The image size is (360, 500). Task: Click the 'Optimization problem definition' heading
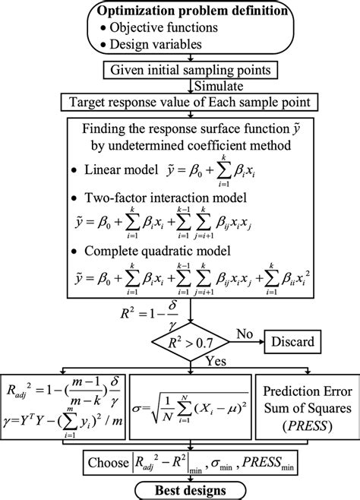tap(192, 11)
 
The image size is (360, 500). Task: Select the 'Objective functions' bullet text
tap(164, 27)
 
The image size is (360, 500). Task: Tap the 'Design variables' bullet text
tap(156, 44)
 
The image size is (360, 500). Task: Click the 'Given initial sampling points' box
tap(190, 70)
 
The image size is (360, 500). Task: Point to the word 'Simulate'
tap(219, 86)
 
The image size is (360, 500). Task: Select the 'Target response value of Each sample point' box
tap(190, 103)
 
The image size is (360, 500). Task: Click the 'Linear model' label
tap(121, 169)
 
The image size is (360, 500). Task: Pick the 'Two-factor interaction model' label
tap(166, 198)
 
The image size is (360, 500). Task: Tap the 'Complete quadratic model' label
tap(157, 251)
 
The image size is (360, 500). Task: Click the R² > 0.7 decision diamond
tap(191, 342)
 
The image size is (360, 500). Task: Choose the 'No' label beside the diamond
tap(245, 334)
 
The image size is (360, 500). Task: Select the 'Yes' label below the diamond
tap(216, 361)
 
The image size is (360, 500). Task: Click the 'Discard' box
tap(292, 341)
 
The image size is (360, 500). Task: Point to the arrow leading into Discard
tap(247, 342)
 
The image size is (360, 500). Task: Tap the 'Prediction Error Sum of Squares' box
tap(308, 407)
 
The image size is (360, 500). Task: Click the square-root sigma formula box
tap(191, 407)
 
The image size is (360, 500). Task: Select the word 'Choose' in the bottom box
tap(108, 463)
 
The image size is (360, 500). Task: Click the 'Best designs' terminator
tap(191, 490)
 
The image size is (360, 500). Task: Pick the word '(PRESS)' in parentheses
tap(308, 426)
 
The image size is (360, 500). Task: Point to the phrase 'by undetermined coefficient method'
tap(191, 145)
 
